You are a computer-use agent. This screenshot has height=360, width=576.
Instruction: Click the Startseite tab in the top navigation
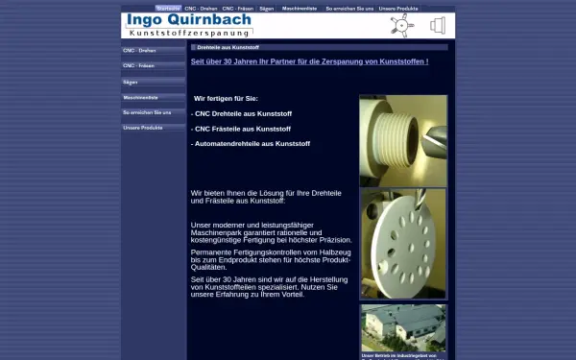tap(168, 8)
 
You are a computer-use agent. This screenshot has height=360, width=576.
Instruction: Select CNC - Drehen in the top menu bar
tap(201, 8)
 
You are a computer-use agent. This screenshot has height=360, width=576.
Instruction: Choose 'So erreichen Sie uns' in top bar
tap(349, 8)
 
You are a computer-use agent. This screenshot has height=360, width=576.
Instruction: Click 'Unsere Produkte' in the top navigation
tap(398, 8)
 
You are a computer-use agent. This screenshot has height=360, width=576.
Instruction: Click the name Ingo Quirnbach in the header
tap(189, 20)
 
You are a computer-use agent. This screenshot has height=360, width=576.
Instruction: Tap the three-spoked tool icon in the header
tap(399, 25)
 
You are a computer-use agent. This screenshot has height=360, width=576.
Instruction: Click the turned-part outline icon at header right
tap(437, 25)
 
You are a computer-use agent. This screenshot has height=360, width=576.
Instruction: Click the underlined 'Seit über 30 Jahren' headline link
tap(309, 61)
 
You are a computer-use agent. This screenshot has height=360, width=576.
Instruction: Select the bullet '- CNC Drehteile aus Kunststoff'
tap(241, 113)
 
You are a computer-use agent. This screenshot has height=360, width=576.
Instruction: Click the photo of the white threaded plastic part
tap(403, 139)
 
